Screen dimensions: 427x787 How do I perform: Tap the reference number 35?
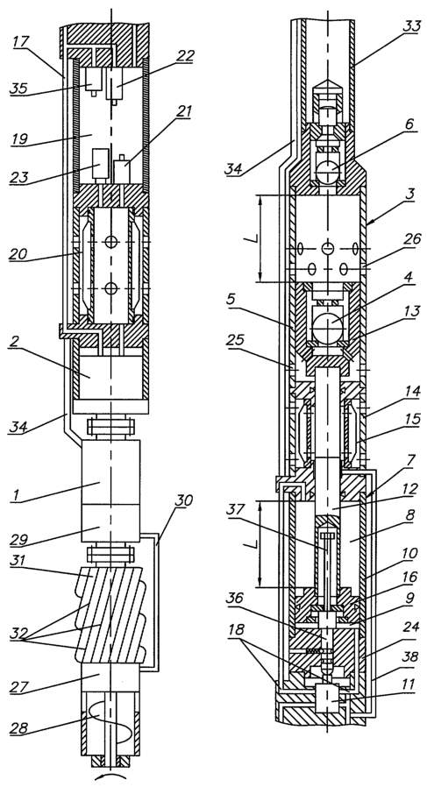click(19, 88)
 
